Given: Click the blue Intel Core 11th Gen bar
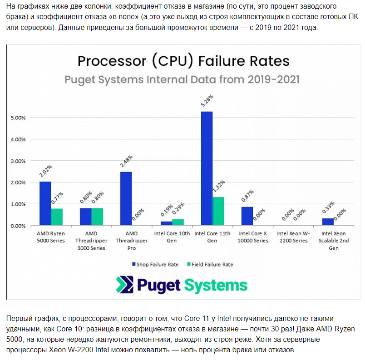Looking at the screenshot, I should (x=207, y=168).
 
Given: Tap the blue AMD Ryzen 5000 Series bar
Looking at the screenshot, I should (x=45, y=203).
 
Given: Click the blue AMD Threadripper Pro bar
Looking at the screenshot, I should (x=126, y=198).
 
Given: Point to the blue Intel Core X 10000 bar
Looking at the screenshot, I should (x=247, y=216).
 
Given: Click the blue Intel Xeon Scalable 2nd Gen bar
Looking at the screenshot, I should (x=328, y=222).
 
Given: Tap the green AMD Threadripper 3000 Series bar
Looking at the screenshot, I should (x=97, y=217).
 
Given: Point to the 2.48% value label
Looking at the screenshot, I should (x=126, y=162).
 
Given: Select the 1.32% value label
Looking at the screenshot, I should (x=219, y=187).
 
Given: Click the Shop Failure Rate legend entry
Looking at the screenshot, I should (x=155, y=264).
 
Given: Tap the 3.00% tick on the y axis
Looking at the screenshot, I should (x=18, y=161).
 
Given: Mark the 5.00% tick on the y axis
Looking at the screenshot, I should (x=18, y=118).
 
